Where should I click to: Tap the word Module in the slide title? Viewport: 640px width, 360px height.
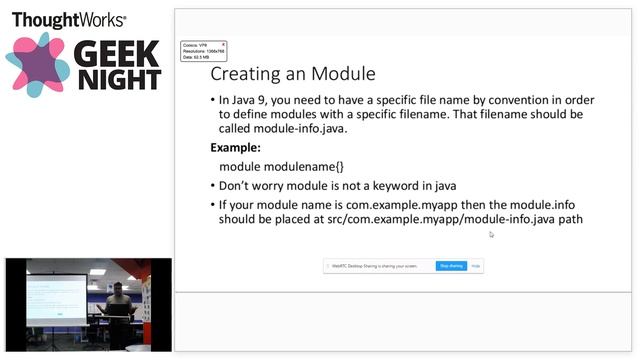(342, 74)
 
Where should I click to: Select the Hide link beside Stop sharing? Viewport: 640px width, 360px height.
(476, 266)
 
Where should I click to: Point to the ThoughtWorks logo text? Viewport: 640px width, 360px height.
(68, 19)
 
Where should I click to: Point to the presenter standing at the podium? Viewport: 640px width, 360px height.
(117, 305)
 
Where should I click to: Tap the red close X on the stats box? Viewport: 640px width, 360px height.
(223, 44)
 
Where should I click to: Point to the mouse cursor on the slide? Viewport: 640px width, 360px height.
(491, 235)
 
